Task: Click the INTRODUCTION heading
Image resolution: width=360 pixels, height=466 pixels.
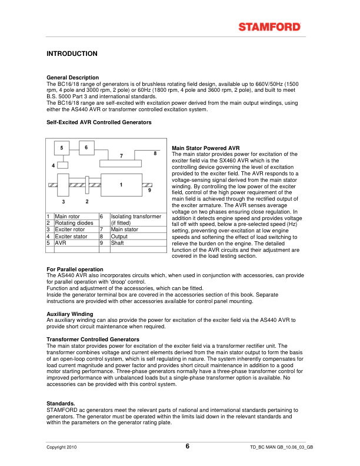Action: pyautogui.click(x=72, y=54)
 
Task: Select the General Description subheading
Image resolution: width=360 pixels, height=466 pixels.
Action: pyautogui.click(x=72, y=78)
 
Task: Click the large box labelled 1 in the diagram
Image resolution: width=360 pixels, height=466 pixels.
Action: pyautogui.click(x=121, y=185)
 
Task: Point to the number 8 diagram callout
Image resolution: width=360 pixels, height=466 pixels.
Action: pyautogui.click(x=155, y=153)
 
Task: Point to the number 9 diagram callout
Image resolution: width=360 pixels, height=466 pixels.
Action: pyautogui.click(x=149, y=191)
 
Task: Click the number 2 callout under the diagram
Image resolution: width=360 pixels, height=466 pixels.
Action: pyautogui.click(x=86, y=202)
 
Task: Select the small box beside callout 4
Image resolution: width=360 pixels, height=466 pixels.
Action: pyautogui.click(x=64, y=165)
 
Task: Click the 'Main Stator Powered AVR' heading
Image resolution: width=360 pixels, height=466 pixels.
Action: pyautogui.click(x=205, y=148)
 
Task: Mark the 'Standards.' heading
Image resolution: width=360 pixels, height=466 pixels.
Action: pyautogui.click(x=61, y=403)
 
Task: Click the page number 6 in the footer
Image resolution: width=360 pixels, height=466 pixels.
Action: pyautogui.click(x=188, y=447)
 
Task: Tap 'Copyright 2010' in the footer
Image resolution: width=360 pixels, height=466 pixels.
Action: pyautogui.click(x=62, y=448)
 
